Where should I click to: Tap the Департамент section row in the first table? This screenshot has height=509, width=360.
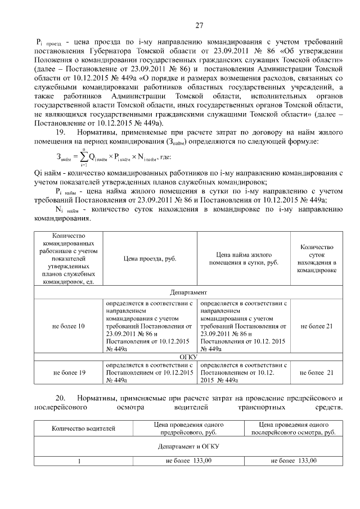coord(188,292)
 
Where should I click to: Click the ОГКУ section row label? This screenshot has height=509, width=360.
coord(188,357)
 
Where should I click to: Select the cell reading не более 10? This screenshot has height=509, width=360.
coord(69,326)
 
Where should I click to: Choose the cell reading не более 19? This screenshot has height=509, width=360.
coord(69,372)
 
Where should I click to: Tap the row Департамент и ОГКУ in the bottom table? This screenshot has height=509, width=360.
coord(188,446)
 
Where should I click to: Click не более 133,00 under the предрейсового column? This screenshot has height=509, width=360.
coord(188,461)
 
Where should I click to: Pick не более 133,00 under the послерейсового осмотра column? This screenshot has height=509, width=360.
coord(293,461)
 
